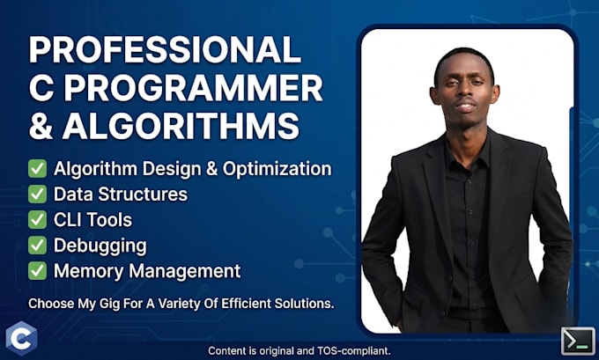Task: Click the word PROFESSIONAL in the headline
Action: pos(165,49)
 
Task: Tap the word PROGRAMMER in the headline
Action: pos(196,88)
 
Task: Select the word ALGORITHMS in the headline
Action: pos(181,126)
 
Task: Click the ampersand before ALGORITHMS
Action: pos(41,126)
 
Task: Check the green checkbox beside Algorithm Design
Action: pos(37,169)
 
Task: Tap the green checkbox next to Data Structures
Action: pos(37,195)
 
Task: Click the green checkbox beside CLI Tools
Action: pos(37,220)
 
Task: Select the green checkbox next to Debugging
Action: pos(37,246)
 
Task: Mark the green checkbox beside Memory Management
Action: pos(37,271)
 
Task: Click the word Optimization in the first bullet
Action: pos(277,169)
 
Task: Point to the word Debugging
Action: pos(100,246)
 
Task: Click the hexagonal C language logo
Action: pos(21,338)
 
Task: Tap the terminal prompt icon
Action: pos(578,341)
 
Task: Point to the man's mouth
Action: pos(466,107)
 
